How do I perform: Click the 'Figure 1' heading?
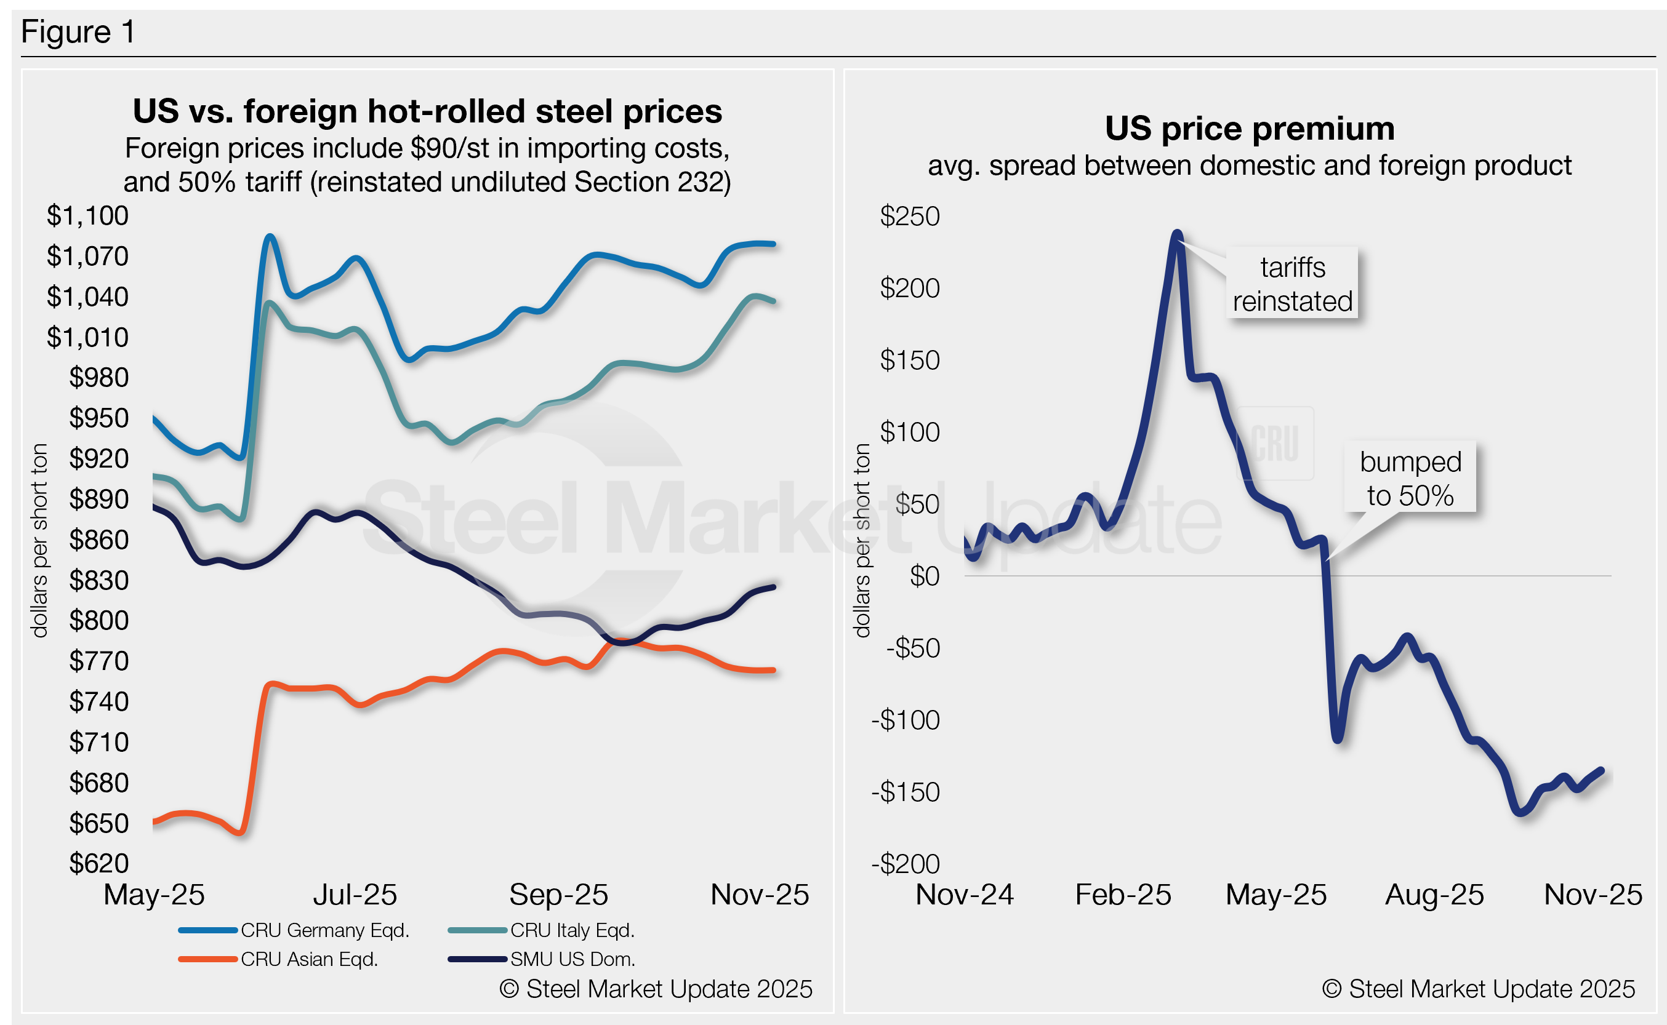(78, 32)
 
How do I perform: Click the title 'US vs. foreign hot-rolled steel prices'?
(427, 111)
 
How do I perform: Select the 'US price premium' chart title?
(1249, 129)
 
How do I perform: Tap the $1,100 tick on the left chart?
(87, 215)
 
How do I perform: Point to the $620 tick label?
(98, 863)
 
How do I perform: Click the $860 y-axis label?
(98, 540)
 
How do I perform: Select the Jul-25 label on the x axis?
(355, 895)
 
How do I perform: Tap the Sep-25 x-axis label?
(558, 895)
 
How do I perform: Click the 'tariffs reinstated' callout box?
(1292, 284)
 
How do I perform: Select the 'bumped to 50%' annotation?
(1410, 479)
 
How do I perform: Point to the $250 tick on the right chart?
(909, 216)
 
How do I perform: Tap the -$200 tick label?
(906, 864)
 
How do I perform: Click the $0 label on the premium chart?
(925, 576)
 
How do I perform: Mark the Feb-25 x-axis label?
(1123, 895)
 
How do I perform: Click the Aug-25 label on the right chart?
(1434, 895)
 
